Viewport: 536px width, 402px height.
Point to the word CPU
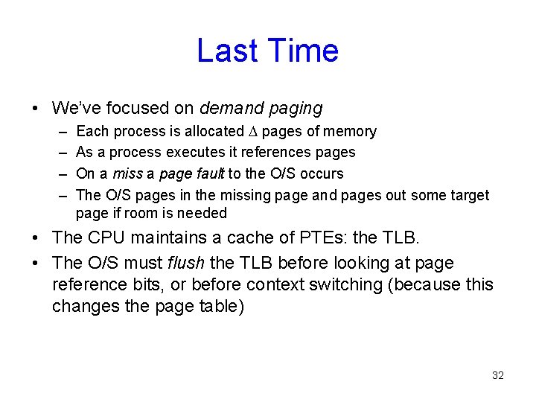108,238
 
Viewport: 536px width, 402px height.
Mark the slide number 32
498,375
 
